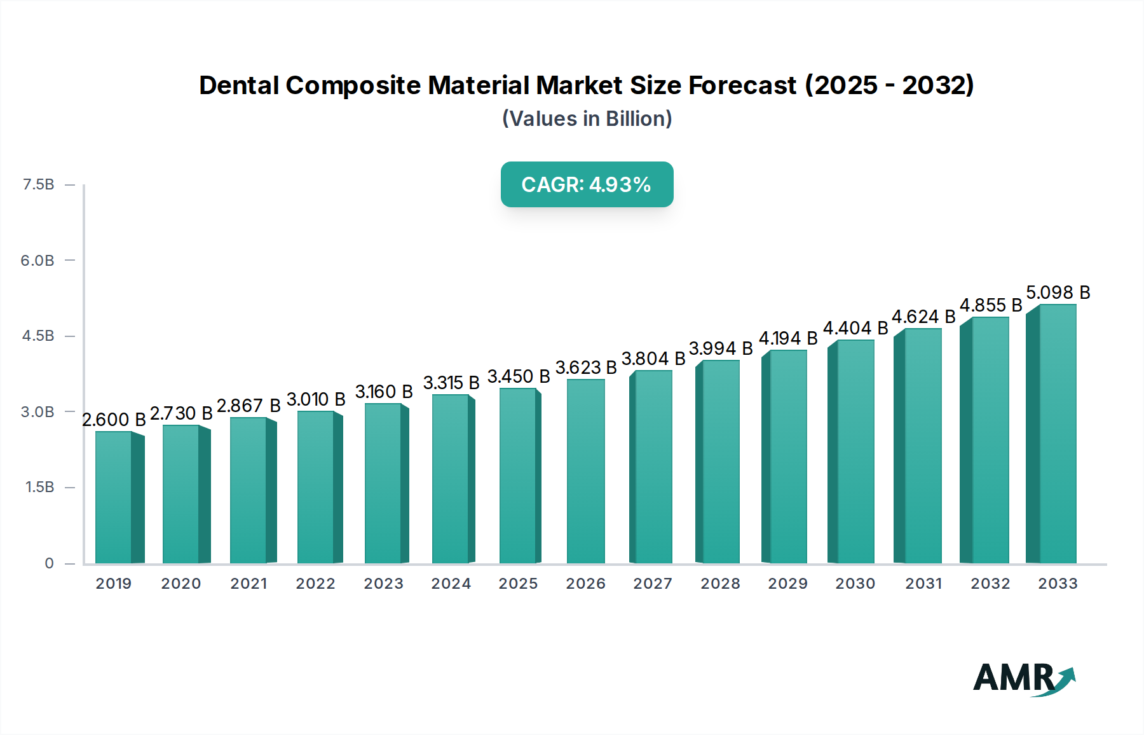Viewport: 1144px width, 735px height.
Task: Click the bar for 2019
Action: click(x=114, y=497)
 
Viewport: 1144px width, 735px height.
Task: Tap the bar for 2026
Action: click(x=585, y=471)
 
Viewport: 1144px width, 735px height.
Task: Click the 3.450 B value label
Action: click(x=519, y=376)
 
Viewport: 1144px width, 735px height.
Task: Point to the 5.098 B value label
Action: click(x=1058, y=292)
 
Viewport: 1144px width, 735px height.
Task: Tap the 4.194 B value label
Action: click(x=788, y=338)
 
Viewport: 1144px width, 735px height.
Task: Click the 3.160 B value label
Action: click(x=384, y=392)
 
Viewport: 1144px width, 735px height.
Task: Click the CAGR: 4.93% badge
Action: click(x=587, y=184)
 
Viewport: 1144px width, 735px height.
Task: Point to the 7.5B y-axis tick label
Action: click(x=38, y=184)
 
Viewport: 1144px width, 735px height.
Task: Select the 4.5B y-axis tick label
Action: click(x=38, y=336)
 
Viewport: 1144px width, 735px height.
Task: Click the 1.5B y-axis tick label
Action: click(x=39, y=487)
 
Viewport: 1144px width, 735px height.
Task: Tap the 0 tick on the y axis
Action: click(x=49, y=563)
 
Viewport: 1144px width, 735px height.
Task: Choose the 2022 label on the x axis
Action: click(x=316, y=584)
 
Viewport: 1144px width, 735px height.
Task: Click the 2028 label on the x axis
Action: click(x=720, y=584)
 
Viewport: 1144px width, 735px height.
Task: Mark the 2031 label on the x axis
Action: click(x=923, y=584)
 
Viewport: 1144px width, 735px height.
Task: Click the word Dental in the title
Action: click(x=239, y=85)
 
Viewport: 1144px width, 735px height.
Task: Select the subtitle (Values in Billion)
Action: click(x=587, y=119)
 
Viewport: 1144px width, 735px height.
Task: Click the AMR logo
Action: click(x=1023, y=678)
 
